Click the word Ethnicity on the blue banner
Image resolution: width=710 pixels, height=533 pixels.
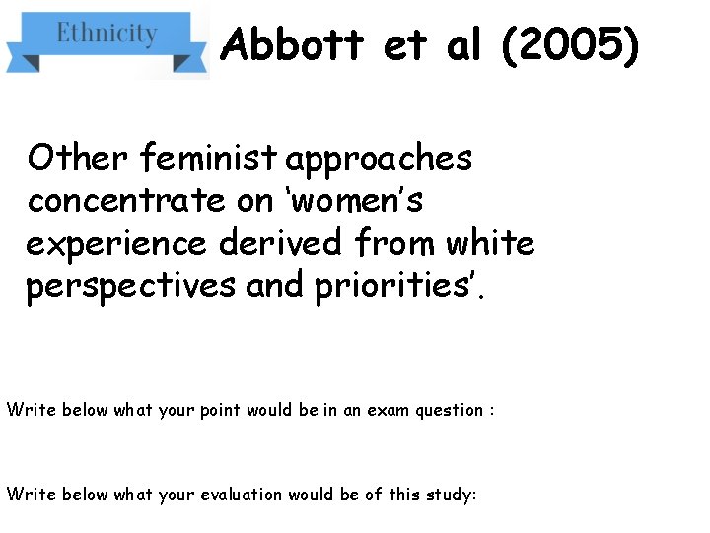click(x=106, y=33)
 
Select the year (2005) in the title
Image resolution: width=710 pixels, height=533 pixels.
click(x=571, y=44)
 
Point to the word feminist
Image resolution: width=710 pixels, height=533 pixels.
click(x=209, y=157)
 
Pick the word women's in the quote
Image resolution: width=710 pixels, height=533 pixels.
click(x=343, y=200)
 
